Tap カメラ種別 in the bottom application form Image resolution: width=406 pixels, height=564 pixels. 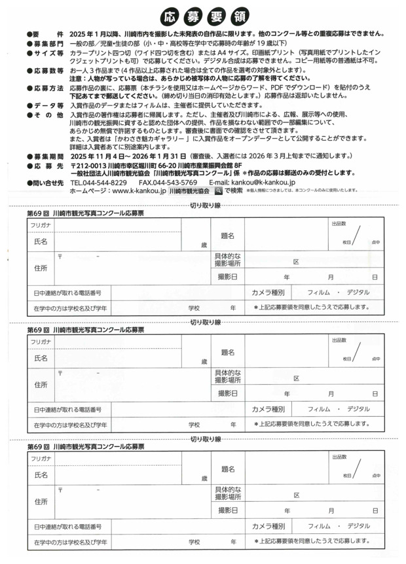[x=268, y=525]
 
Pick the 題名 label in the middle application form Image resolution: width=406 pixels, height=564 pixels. [x=228, y=352]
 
